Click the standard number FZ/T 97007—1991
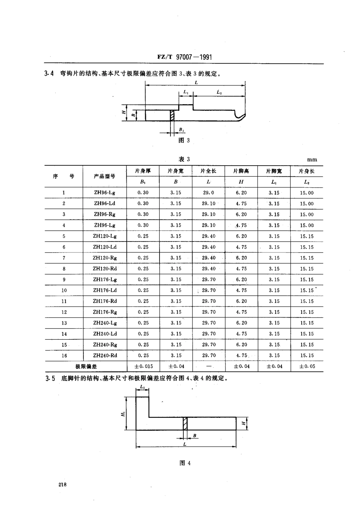click(x=184, y=57)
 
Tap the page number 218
click(x=63, y=485)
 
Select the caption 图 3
click(x=184, y=140)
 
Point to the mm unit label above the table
click(x=312, y=160)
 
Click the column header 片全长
click(x=208, y=171)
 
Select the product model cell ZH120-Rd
click(x=105, y=269)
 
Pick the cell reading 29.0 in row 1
click(x=208, y=193)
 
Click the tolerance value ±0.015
click(x=143, y=366)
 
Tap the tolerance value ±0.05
click(x=307, y=366)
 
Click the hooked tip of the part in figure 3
click(x=240, y=115)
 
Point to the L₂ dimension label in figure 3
click(x=219, y=92)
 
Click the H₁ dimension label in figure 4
click(x=124, y=414)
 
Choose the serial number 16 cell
click(x=64, y=356)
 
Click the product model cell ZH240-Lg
click(x=105, y=323)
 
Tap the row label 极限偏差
click(x=86, y=366)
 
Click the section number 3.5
click(x=50, y=378)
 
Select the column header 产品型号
click(x=105, y=176)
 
